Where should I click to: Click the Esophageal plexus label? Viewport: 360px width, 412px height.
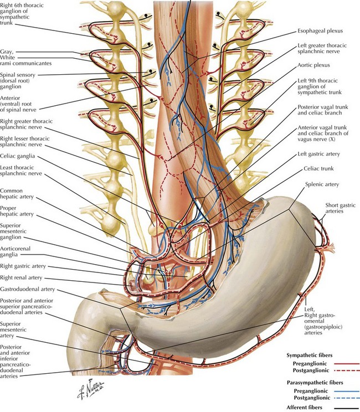coord(320,31)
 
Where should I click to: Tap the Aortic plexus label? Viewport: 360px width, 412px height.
coord(313,65)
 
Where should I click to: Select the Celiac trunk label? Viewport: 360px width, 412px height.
coord(318,168)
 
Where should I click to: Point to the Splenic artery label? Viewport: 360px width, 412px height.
coord(322,184)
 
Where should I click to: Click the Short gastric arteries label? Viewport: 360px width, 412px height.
coord(340,208)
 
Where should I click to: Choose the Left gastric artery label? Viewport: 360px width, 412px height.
coord(318,154)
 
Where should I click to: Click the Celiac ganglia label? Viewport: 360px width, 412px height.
coord(17,156)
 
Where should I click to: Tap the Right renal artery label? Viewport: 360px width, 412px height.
coord(21,277)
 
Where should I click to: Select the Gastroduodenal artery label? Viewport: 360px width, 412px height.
coord(27,289)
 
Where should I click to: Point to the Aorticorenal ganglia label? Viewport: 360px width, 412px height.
coord(16,251)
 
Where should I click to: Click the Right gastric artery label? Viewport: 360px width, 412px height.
coord(23,266)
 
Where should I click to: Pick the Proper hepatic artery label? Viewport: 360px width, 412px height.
coord(17,211)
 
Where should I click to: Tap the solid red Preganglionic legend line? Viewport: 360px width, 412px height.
coord(347,364)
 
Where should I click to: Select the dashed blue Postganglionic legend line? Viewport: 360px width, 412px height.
coord(347,398)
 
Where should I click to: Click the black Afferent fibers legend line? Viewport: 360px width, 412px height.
coord(347,408)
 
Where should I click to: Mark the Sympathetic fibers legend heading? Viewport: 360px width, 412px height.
coord(309,356)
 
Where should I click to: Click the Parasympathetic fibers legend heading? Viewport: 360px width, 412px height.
coord(315,383)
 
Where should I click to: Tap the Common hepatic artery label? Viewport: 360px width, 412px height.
coord(17,194)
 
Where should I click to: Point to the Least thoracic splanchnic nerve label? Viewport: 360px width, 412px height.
coord(20,171)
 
